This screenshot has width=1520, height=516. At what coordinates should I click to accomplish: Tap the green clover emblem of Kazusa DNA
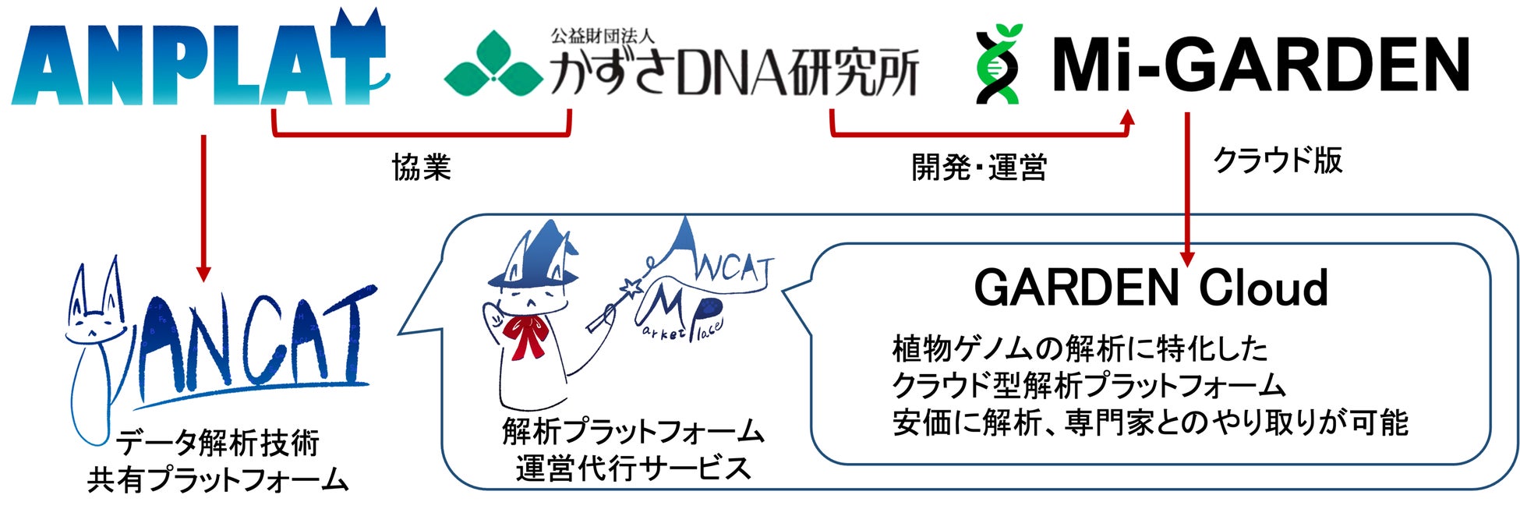coord(493,64)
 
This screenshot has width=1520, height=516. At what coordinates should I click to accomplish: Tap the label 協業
coord(421,167)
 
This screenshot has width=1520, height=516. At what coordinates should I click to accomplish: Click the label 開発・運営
coord(979,167)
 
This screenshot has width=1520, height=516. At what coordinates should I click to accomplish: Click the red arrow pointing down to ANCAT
coord(203,207)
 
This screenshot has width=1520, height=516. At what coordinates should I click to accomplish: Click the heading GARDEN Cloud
coord(1151,288)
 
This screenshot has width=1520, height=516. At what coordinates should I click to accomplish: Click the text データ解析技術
coord(217,443)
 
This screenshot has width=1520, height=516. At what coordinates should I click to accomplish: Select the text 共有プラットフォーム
coord(217,479)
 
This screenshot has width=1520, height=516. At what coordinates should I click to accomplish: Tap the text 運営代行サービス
coord(633,468)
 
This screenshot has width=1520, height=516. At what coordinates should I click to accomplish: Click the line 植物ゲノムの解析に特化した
coord(1080,349)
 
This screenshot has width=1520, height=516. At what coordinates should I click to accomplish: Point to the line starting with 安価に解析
coord(1150,422)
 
